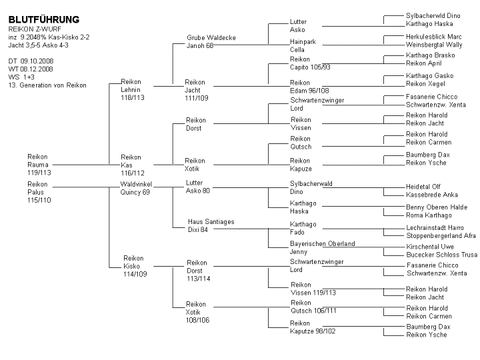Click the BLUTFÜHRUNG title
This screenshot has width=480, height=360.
pos(44,19)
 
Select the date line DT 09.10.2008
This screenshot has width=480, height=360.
pos(31,61)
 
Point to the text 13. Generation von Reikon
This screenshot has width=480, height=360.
pos(47,85)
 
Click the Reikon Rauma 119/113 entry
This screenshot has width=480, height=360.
pos(39,165)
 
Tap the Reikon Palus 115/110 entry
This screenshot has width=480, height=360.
pos(39,192)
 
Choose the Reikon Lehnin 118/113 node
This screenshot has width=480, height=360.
pos(133,90)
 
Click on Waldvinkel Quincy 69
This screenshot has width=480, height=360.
pos(136,188)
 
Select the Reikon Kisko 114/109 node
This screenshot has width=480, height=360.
pos(135,266)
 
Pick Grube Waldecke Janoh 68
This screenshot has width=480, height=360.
pos(211,41)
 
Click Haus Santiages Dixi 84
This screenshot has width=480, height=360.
pos(211,225)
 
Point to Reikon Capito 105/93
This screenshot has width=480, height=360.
pos(310,63)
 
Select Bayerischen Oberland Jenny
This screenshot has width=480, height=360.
pos(323,247)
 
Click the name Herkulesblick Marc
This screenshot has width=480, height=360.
pos(434,37)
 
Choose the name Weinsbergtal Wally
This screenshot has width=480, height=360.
pos(434,45)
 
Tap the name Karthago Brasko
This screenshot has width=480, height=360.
pos(431,55)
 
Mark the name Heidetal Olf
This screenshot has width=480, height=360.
pos(423,187)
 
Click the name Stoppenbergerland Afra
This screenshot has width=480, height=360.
pos(441,236)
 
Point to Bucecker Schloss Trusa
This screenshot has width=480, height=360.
pos(442,255)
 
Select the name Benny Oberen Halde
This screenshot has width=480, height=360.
pos(437,207)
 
